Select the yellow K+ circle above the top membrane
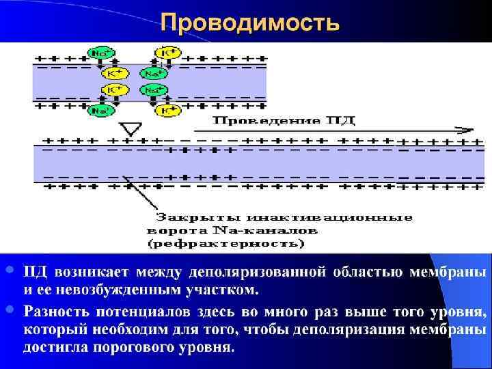coord(167,53)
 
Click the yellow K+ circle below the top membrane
coord(167,111)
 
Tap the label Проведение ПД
coord(285,122)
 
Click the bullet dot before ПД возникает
coord(9,271)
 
